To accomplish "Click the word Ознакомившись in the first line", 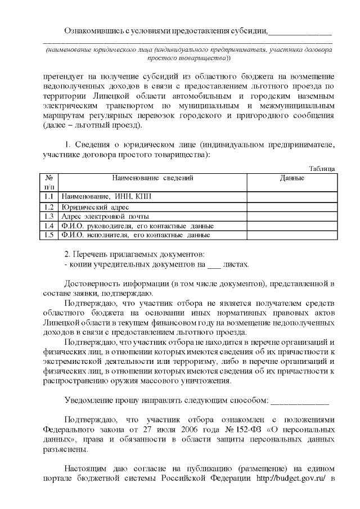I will point(93,30).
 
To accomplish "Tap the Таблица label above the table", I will point(323,168).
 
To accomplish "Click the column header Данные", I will point(292,178).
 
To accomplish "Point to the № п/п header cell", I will point(49,182).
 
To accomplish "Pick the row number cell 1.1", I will point(49,196).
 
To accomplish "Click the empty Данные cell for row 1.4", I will point(292,226).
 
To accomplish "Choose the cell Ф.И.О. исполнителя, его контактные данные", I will point(136,235).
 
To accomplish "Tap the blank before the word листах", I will point(214,264).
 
